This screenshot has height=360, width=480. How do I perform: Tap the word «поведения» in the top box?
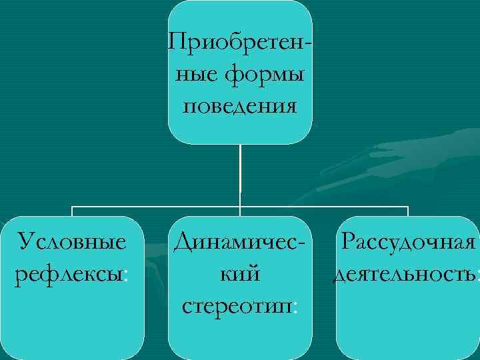(240, 106)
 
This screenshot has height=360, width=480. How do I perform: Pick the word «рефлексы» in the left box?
(67, 273)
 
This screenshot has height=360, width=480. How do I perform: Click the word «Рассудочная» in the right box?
(407, 241)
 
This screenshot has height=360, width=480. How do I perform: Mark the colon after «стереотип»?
(295, 308)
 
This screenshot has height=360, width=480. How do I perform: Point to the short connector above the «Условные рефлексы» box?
(72, 211)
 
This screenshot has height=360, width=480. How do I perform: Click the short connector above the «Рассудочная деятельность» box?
(407, 211)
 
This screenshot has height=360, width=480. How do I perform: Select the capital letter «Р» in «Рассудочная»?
(349, 241)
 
